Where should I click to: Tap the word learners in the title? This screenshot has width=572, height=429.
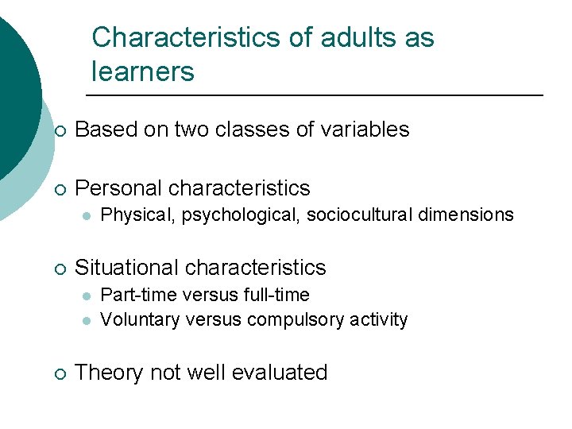(x=143, y=72)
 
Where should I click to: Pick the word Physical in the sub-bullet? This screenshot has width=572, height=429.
(x=130, y=214)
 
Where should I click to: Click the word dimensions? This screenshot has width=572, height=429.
(x=467, y=214)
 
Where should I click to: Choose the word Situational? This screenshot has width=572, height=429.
(x=128, y=268)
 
